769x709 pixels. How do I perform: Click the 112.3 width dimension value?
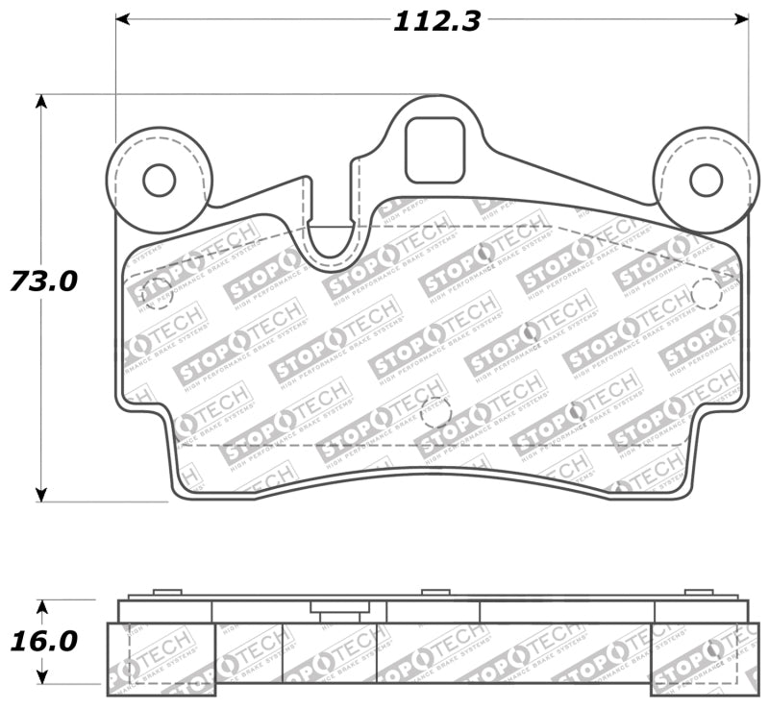tap(435, 21)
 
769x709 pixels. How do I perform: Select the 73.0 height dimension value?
tap(43, 281)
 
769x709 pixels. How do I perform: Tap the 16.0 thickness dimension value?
tap(43, 641)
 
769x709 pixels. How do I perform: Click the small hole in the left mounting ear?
tap(159, 180)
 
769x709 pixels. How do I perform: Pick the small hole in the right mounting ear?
tap(706, 180)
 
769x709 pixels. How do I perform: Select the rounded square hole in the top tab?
tap(434, 150)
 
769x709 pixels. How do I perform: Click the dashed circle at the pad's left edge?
tap(156, 294)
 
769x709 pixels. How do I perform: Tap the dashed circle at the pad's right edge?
tap(707, 294)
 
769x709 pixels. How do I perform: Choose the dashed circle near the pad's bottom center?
tap(435, 411)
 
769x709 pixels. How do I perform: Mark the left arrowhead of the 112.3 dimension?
tap(123, 18)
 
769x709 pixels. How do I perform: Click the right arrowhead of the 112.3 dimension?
tap(741, 18)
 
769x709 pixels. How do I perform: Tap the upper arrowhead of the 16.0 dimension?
tap(41, 607)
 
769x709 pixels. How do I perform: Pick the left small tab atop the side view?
tap(167, 592)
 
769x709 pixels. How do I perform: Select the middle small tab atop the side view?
tap(435, 592)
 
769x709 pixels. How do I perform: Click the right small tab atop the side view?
tap(699, 592)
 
